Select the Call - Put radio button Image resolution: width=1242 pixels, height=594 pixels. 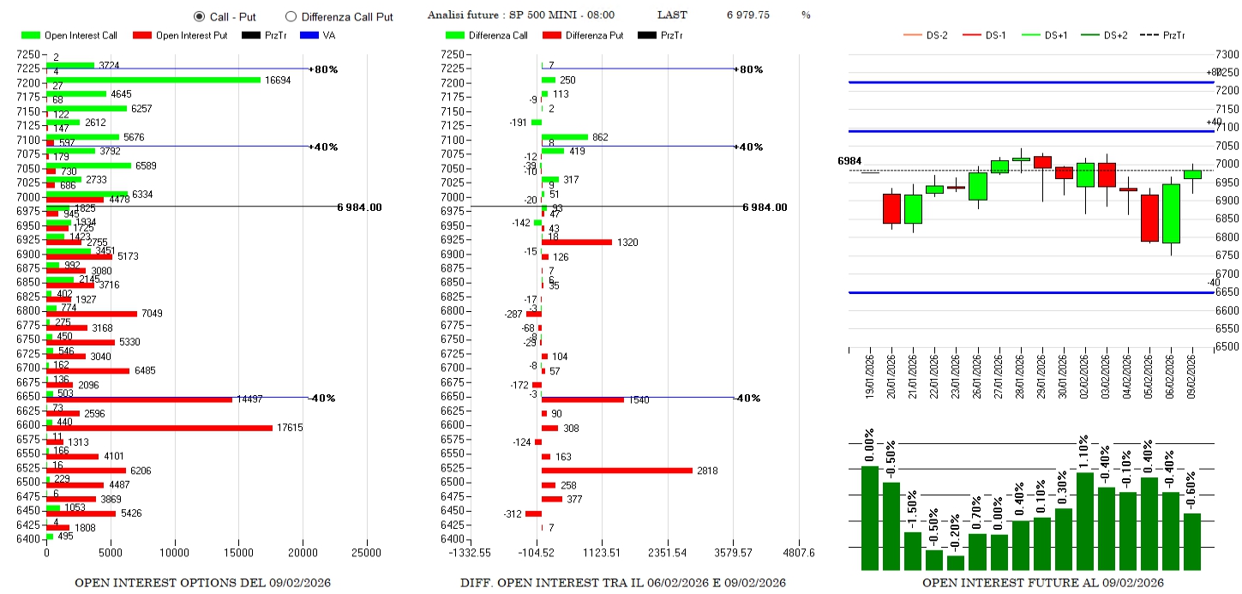pyautogui.click(x=200, y=16)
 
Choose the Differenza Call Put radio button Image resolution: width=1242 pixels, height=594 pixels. pyautogui.click(x=291, y=16)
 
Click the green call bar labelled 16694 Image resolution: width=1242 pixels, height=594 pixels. pyautogui.click(x=153, y=80)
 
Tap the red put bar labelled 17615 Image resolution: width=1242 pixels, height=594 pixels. pyautogui.click(x=159, y=428)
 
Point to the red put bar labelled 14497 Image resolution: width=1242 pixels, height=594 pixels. pyautogui.click(x=139, y=399)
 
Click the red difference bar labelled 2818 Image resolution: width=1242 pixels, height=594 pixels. pyautogui.click(x=616, y=471)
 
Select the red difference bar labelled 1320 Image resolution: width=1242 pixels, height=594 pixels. pyautogui.click(x=576, y=242)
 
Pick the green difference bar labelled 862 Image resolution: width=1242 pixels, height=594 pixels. pyautogui.click(x=564, y=137)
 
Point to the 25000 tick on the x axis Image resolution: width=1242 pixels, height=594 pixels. pyautogui.click(x=367, y=553)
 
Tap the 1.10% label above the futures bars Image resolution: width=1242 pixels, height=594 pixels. pyautogui.click(x=1083, y=452)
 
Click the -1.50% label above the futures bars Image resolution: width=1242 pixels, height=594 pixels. pyautogui.click(x=912, y=510)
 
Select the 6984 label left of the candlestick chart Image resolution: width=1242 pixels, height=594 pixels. pyautogui.click(x=849, y=161)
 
